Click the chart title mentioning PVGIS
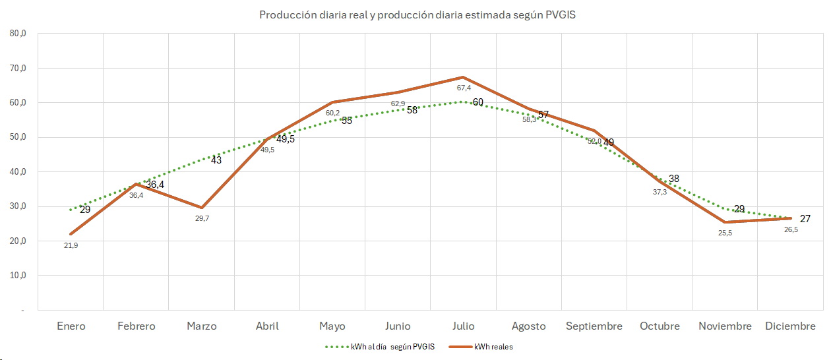(x=417, y=15)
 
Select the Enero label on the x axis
(x=71, y=326)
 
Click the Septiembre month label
(x=594, y=326)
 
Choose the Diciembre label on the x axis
(x=790, y=326)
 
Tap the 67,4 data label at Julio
(x=463, y=88)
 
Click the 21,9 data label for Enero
(x=71, y=245)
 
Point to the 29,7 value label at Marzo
(x=202, y=218)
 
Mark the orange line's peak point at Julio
(x=463, y=77)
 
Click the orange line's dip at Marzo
(x=202, y=208)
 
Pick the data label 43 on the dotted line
(x=216, y=160)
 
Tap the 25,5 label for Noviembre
(x=724, y=233)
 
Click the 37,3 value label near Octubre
(x=660, y=192)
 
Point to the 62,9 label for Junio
(x=398, y=104)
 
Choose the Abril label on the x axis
(x=267, y=326)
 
